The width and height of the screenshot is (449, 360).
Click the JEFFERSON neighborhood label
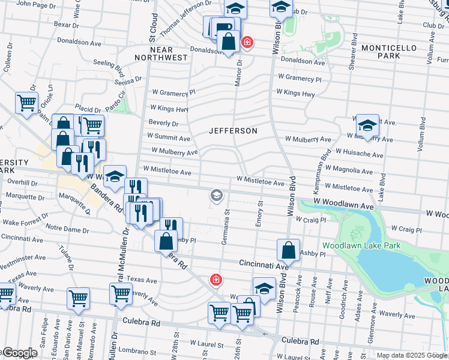click(x=233, y=131)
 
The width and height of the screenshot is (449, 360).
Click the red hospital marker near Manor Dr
click(x=246, y=43)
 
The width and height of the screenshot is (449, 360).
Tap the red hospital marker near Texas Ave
click(x=215, y=280)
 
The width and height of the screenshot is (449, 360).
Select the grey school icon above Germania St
click(x=216, y=195)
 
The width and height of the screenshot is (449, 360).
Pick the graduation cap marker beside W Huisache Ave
click(x=367, y=126)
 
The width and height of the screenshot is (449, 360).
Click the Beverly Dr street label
click(x=164, y=124)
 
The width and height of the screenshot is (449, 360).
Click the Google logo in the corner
click(x=20, y=352)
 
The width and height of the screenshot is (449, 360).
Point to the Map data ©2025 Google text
click(x=411, y=355)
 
